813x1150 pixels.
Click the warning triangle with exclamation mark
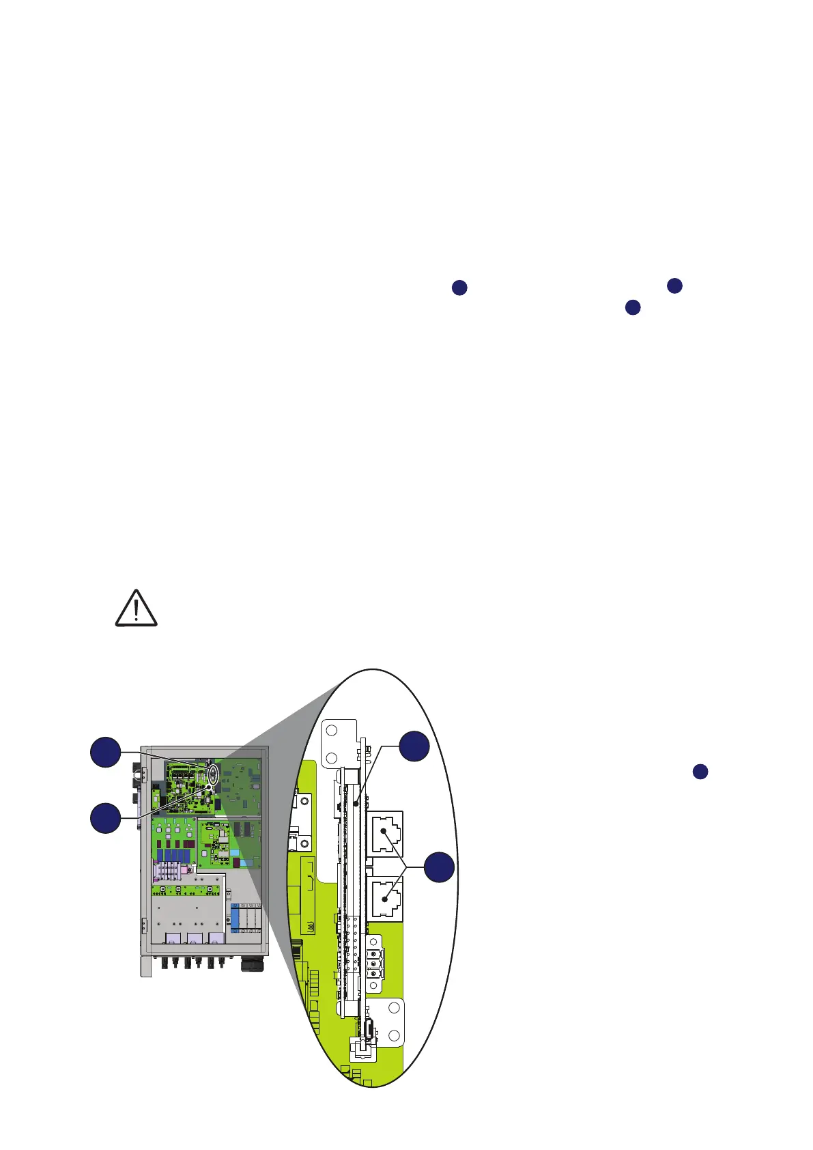point(136,608)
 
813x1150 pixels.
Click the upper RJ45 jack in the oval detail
point(385,833)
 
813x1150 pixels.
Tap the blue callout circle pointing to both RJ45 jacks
point(440,867)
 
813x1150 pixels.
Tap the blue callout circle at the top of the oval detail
point(414,746)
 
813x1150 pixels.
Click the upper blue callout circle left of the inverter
point(105,752)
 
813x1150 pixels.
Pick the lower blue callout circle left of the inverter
point(105,817)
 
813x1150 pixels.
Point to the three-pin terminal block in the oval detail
point(374,962)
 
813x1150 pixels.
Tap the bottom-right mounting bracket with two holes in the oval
point(389,1023)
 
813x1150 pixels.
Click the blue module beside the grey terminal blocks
point(235,916)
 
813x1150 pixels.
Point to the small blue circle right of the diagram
point(700,772)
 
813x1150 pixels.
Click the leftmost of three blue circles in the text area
point(459,287)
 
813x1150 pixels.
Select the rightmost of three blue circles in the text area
point(674,285)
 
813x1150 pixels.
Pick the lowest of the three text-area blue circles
point(633,307)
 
